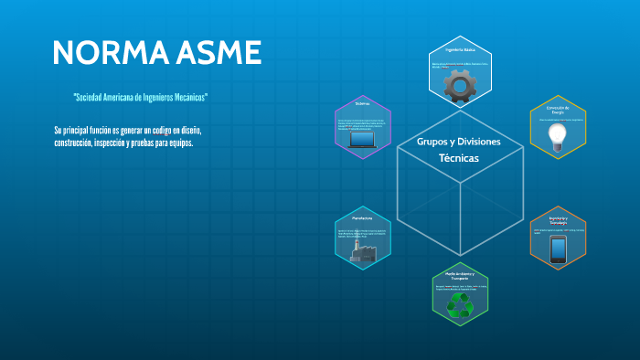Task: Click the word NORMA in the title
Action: point(103,52)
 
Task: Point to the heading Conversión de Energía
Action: point(557,111)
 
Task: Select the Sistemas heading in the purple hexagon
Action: point(362,103)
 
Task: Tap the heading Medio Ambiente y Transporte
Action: point(460,276)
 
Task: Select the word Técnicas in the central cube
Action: point(459,158)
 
